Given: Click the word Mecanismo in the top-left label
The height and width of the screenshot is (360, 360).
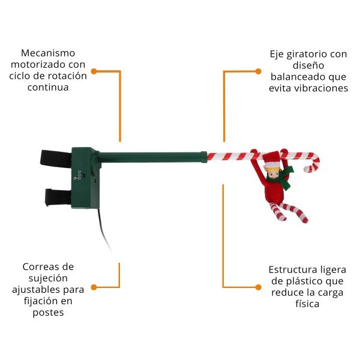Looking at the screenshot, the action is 48,53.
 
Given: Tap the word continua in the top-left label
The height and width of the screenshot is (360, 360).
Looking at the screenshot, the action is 48,88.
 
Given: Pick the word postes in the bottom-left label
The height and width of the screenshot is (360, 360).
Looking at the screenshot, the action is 48,313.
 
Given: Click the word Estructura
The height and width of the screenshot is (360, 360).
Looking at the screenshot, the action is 290,270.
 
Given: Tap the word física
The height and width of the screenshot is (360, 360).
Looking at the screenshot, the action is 307,304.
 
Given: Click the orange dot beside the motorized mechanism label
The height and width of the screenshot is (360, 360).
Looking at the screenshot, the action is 94,71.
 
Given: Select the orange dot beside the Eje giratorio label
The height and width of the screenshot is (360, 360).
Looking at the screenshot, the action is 258,71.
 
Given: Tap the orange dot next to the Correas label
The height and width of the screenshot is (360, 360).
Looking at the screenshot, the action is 94,287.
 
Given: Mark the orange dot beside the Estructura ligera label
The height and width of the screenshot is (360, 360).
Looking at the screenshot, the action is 258,287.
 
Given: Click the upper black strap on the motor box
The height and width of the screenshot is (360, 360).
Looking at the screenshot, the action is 56,158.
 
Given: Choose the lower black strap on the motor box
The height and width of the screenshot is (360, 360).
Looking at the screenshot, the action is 58,197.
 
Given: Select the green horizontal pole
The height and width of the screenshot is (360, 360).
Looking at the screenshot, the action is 152,157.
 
